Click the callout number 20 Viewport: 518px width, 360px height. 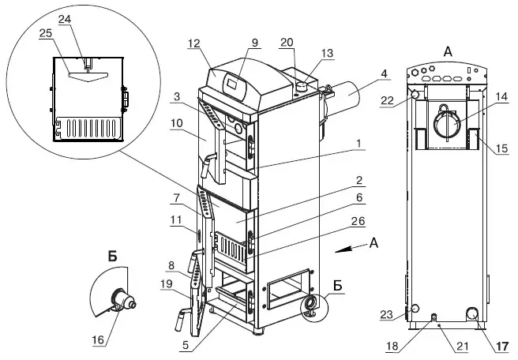pos(287,42)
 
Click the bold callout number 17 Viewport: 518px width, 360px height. pos(502,346)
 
